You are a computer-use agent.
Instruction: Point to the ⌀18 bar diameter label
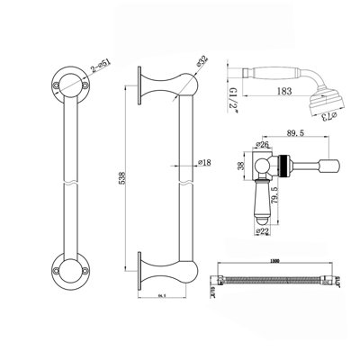coord(204,164)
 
